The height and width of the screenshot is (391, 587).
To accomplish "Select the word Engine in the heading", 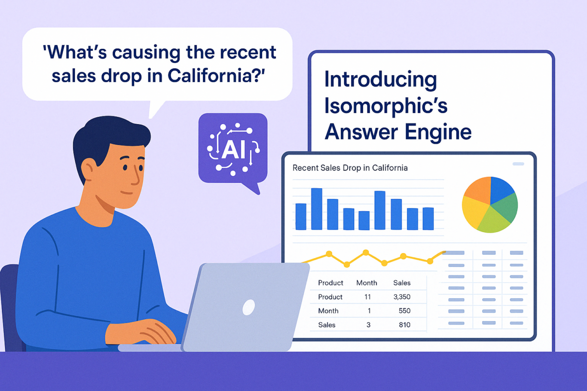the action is [x=438, y=133].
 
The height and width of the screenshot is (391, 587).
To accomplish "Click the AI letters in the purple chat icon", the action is [x=233, y=150].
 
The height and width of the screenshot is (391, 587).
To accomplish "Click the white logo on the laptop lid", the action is [x=248, y=307].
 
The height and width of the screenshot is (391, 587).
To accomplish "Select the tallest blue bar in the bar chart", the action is [x=316, y=209].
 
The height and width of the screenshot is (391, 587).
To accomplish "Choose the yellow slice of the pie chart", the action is [x=473, y=213].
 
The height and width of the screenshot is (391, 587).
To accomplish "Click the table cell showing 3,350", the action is [x=402, y=297].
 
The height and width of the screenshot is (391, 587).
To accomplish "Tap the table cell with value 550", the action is [x=405, y=311].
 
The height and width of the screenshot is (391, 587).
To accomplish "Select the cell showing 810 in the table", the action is [x=405, y=325].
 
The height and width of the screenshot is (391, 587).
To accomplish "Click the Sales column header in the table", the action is [x=402, y=283].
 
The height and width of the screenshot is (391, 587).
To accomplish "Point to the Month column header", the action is [x=366, y=283].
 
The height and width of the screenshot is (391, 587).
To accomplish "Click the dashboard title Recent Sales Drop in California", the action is [x=350, y=168].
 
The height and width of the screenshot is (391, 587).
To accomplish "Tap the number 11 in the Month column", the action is [x=367, y=297].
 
